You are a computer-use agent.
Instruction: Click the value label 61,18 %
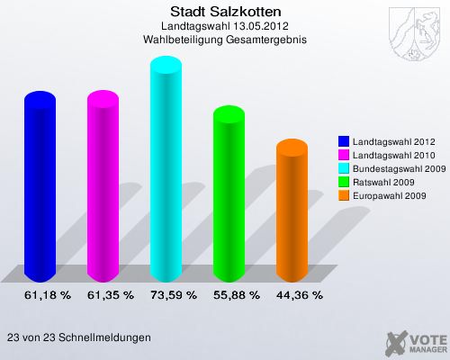coord(40,294)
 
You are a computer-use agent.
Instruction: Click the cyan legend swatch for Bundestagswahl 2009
coord(344,168)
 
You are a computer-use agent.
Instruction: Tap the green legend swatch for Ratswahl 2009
coord(344,182)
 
